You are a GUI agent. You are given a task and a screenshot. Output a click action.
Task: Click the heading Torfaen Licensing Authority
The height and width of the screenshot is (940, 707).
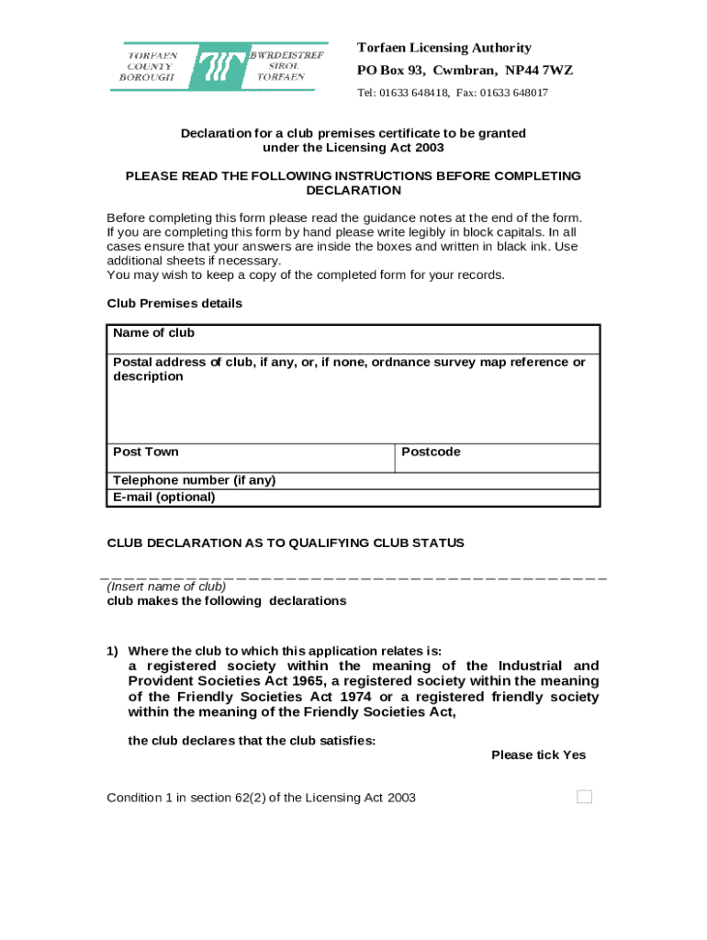[443, 48]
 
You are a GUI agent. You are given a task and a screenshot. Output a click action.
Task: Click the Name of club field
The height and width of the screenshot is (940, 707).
[353, 339]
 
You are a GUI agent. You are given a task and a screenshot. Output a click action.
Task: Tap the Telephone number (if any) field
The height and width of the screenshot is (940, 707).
[353, 480]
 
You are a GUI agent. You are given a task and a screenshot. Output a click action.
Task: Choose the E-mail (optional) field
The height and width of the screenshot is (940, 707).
[353, 498]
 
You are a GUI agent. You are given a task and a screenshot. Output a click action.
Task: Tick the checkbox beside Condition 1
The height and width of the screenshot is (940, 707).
[584, 797]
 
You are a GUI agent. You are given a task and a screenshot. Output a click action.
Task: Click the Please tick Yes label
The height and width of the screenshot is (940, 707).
[538, 755]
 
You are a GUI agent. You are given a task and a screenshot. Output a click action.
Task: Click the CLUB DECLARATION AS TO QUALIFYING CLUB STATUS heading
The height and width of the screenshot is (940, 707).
[286, 543]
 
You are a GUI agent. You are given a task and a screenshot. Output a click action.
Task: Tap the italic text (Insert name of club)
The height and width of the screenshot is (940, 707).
[166, 586]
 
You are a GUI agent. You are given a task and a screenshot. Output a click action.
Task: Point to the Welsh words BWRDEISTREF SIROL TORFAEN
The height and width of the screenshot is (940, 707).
[281, 66]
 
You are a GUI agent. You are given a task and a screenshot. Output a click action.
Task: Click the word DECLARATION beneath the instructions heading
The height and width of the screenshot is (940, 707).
[353, 190]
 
